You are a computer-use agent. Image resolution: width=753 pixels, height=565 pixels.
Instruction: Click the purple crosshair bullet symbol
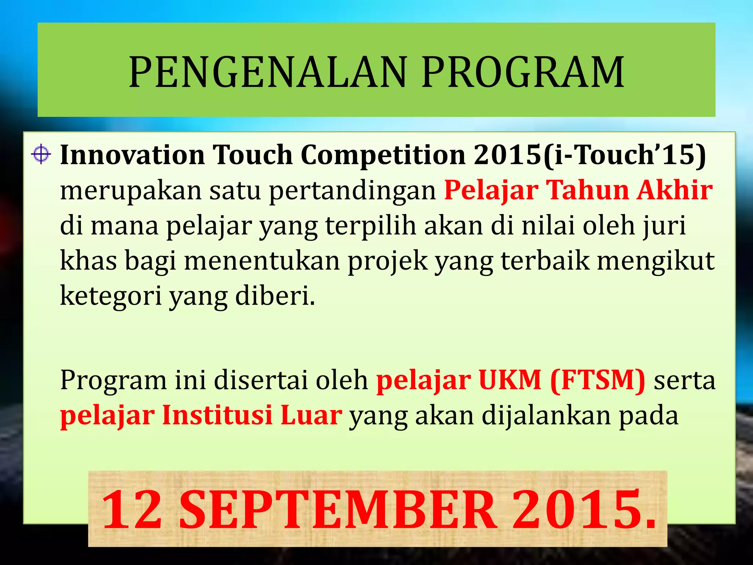pyautogui.click(x=41, y=154)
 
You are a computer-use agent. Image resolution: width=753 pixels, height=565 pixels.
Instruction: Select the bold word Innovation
pyautogui.click(x=132, y=154)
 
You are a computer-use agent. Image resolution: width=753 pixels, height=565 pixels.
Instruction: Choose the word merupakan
pyautogui.click(x=131, y=191)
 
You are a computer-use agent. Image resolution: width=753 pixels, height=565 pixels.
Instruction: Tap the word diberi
pyautogui.click(x=275, y=296)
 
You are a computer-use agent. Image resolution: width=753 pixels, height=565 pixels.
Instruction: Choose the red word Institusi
pyautogui.click(x=217, y=415)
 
